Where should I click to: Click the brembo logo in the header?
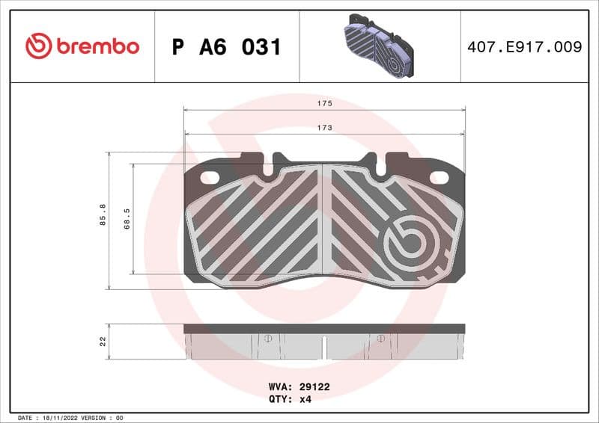point(82,46)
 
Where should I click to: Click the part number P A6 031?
point(226,47)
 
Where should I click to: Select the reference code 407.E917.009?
point(524,47)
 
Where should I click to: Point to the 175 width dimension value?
point(324,103)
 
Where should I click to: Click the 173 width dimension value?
point(324,128)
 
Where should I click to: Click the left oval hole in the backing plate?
point(211,178)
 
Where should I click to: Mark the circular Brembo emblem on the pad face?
point(407,243)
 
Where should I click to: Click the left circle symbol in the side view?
point(267,339)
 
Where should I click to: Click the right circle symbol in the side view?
point(380,339)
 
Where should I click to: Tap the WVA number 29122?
point(315,387)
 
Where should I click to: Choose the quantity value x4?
point(305,399)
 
